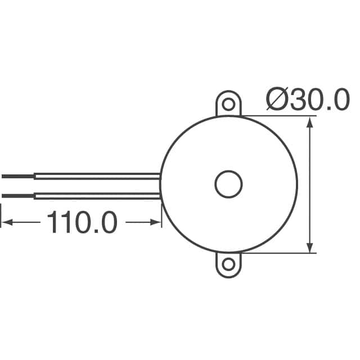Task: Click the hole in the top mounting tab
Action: [x=228, y=105]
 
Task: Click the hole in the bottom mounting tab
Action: [x=228, y=264]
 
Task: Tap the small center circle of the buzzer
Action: [x=228, y=184]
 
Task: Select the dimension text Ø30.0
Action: [x=308, y=101]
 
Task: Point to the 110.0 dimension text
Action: [x=82, y=223]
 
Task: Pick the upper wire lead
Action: [x=96, y=176]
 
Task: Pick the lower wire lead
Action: [x=96, y=196]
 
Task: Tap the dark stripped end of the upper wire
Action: [x=17, y=176]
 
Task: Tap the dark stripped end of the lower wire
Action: [x=17, y=196]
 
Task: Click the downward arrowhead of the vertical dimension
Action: [x=309, y=247]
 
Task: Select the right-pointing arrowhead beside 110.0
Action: [x=156, y=223]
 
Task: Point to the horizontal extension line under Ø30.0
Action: [x=278, y=116]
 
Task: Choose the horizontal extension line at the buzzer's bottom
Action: [x=278, y=253]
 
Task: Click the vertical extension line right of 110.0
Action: [x=162, y=217]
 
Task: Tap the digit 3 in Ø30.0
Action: [x=300, y=101]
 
